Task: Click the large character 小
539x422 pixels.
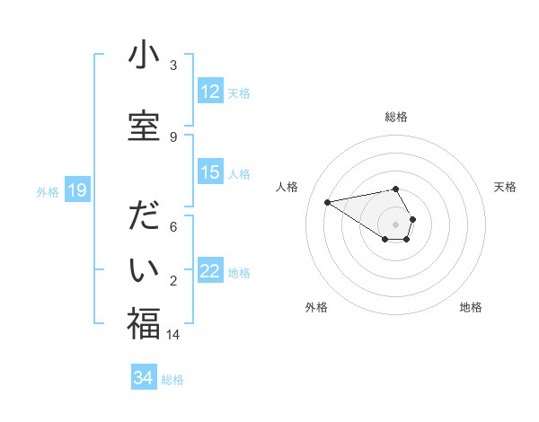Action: point(144,56)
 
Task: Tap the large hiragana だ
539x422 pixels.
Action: point(144,218)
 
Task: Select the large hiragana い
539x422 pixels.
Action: point(144,269)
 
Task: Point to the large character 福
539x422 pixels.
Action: point(144,323)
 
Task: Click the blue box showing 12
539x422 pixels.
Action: point(210,92)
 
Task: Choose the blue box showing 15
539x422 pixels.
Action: point(210,172)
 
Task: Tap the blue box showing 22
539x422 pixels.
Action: point(210,271)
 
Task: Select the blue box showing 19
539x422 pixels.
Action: point(76,190)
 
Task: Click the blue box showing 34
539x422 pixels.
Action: point(143,378)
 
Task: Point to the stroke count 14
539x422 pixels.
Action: point(174,334)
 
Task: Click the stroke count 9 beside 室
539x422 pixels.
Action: point(173,136)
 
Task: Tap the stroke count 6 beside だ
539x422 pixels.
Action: point(173,226)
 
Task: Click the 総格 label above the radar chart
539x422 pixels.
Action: point(396,117)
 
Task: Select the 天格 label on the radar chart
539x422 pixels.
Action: point(506,187)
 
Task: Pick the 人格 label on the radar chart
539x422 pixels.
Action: point(287,187)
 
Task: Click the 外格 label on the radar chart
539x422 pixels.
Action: point(316,307)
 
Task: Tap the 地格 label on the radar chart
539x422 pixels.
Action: point(471,307)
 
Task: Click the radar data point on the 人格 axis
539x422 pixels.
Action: point(327,201)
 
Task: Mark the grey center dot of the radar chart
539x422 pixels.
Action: point(396,224)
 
